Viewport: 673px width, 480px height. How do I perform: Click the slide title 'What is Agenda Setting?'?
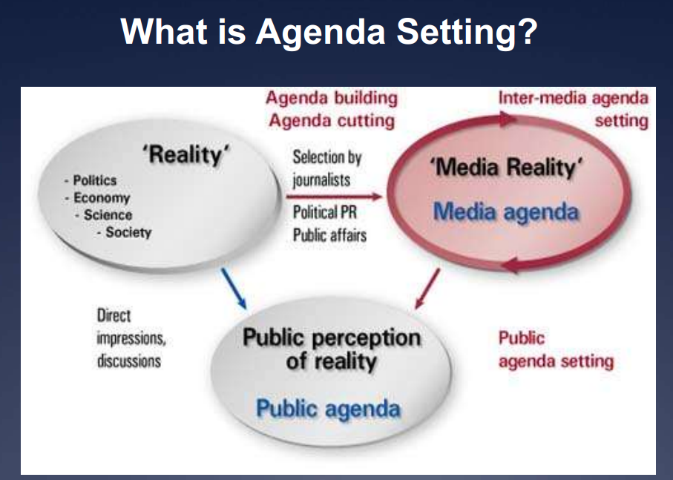328,33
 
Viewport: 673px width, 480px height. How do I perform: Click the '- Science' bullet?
104,215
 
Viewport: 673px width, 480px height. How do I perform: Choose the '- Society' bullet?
124,232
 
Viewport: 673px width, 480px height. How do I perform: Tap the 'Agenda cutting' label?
330,119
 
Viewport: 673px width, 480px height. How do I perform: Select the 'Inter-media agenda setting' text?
573,108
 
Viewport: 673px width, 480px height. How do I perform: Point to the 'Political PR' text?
325,212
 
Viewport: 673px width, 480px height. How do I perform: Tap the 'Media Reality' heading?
506,168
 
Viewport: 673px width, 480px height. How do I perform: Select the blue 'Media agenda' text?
505,211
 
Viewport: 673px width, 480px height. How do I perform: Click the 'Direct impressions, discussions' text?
131,338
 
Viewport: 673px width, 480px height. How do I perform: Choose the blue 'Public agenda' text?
328,408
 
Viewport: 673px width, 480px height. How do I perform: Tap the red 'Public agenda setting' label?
555,349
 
